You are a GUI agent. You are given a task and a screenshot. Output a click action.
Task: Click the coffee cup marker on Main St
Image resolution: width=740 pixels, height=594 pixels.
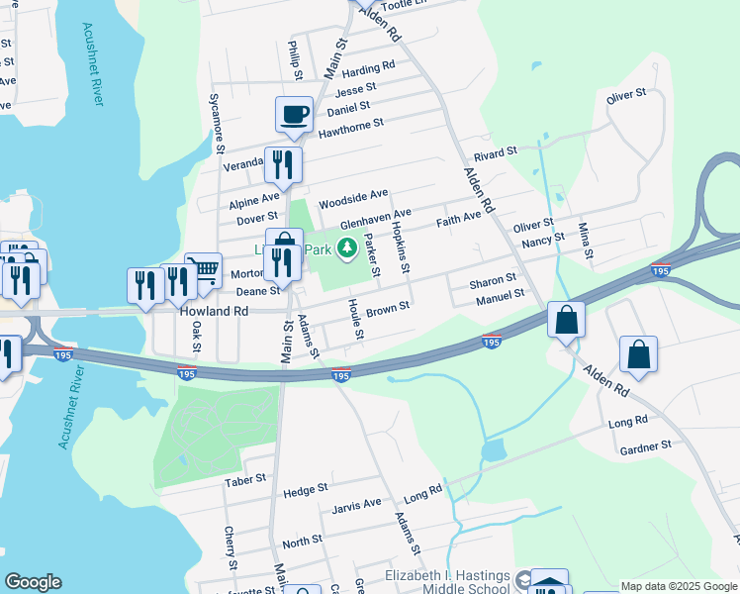point(294,115)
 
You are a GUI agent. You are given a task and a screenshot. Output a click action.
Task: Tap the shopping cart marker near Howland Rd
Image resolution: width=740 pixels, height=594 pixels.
point(203,270)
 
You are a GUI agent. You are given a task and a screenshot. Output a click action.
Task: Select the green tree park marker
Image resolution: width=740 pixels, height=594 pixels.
point(346,247)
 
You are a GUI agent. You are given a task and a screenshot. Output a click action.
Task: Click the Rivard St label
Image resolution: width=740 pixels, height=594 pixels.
point(496,152)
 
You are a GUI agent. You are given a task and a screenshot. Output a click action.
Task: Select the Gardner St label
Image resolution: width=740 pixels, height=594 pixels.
point(645,446)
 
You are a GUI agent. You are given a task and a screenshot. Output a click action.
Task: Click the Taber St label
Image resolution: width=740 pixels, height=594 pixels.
point(245,479)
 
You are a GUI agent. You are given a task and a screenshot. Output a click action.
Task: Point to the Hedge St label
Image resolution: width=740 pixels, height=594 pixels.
point(305,489)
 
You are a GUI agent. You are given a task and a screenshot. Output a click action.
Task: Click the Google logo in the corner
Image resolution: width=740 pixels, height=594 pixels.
point(33,582)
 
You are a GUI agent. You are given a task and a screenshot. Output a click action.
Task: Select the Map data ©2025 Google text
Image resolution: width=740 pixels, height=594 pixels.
point(679,586)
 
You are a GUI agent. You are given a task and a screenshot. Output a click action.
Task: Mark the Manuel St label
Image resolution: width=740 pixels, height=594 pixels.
point(499,295)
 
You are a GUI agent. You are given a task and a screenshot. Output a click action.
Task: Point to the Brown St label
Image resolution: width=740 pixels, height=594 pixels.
point(387,310)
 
